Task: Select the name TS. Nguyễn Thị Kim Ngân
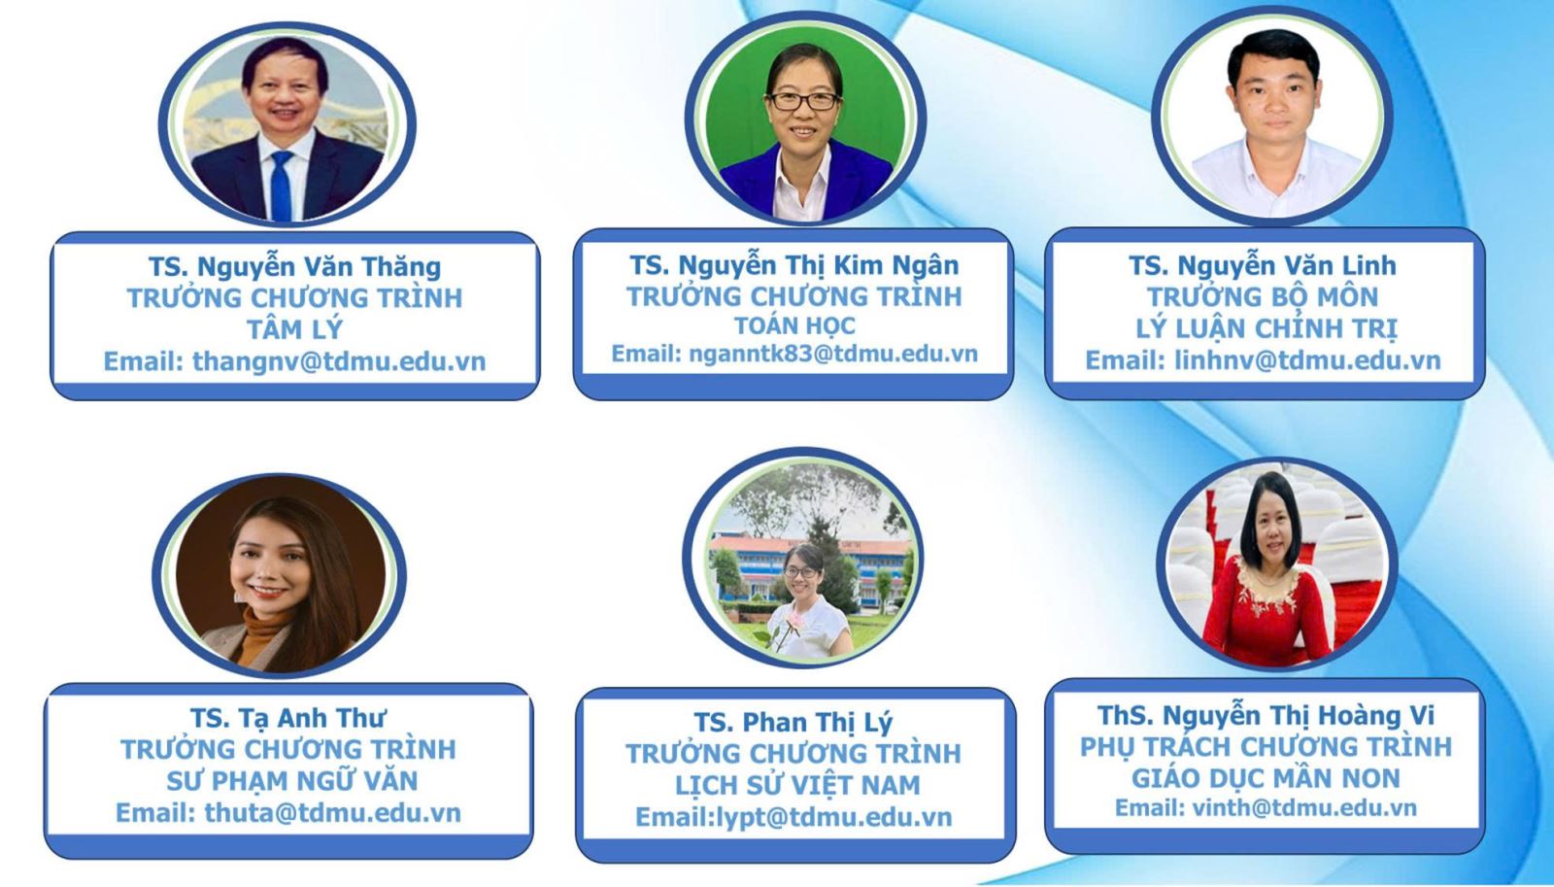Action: pos(794,265)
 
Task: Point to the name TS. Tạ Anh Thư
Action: pos(288,718)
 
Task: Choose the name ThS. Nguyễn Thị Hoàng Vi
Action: pos(1266,715)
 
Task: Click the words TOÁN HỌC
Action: pos(794,324)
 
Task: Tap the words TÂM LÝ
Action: pos(295,329)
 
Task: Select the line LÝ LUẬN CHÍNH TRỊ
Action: pos(1267,328)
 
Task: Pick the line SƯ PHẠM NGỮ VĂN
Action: pos(292,781)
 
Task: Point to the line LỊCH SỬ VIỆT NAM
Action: pos(797,785)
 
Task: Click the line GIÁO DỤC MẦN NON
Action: pos(1266,778)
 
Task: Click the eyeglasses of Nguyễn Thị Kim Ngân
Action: pos(804,101)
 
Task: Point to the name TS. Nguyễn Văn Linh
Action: pos(1263,265)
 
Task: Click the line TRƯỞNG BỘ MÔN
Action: pos(1262,297)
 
